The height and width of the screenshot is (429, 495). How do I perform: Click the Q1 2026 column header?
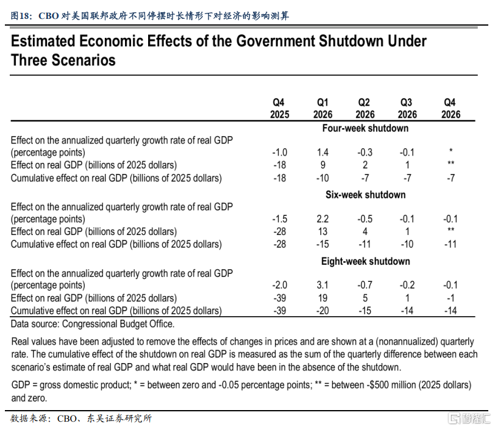click(x=322, y=109)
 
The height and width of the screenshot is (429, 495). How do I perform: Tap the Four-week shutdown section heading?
click(x=365, y=128)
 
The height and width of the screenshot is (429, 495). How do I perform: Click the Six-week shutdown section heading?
click(x=366, y=195)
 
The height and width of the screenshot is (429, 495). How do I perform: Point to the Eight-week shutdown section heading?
click(x=365, y=261)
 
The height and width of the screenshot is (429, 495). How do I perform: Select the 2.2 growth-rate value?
click(x=322, y=219)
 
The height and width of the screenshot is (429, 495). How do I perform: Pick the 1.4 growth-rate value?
click(x=322, y=153)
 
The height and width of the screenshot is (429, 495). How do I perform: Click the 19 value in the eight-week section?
click(x=322, y=298)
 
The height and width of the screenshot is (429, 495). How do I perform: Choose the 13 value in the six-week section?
click(x=322, y=232)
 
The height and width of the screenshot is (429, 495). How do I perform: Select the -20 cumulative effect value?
click(x=322, y=311)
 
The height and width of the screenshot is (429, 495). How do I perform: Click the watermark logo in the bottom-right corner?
click(x=466, y=419)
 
